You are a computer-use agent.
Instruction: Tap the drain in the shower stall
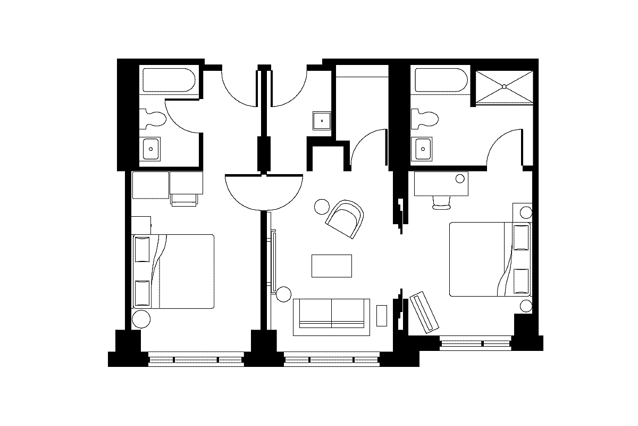coord(503,86)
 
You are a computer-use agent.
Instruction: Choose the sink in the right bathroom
coord(423,149)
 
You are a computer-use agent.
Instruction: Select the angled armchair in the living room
coord(346,219)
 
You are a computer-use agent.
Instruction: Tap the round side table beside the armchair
coord(322,206)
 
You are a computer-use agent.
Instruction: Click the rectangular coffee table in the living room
coord(332,266)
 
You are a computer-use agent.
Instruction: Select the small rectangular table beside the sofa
coord(382,315)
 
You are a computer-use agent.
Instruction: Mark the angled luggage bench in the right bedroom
coord(424,312)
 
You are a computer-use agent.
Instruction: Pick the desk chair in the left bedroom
coord(184,200)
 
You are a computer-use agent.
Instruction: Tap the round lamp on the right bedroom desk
coord(460,177)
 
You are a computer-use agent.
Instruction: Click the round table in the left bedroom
coord(141,319)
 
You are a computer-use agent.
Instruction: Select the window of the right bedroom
coord(475,343)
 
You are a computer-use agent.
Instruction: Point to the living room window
coord(332,361)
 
